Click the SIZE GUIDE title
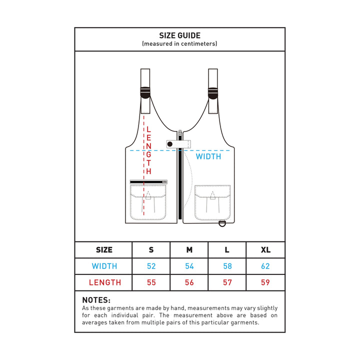[180, 35]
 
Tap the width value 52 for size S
[151, 266]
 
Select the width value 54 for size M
[189, 266]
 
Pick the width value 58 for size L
[227, 266]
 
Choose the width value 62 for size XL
[265, 266]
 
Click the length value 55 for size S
[151, 282]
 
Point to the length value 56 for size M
[189, 282]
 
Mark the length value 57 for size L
[227, 282]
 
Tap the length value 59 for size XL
[265, 282]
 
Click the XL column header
[265, 250]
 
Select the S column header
[151, 250]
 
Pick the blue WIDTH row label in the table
[104, 266]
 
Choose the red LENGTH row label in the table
[105, 282]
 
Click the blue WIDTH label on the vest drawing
[208, 156]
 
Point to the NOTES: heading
[96, 300]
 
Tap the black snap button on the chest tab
[170, 144]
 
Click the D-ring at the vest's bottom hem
[222, 223]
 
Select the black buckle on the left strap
[145, 93]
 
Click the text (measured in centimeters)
[179, 43]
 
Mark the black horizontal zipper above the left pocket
[148, 182]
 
